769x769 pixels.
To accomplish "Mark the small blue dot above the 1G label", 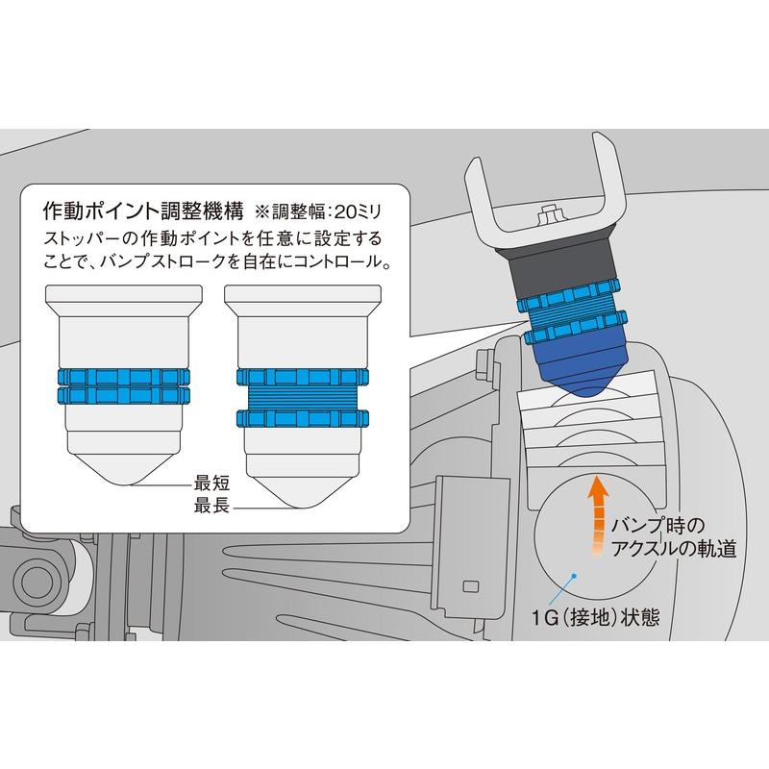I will pyautogui.click(x=573, y=577).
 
